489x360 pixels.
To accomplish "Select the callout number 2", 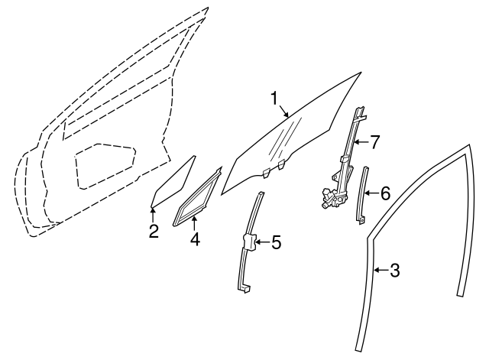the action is coord(154,231).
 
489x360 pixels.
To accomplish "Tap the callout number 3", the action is coord(394,269).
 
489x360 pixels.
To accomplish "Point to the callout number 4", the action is coord(194,238).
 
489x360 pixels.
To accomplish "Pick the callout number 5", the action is coord(276,243).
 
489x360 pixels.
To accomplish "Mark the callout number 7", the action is coord(374,141).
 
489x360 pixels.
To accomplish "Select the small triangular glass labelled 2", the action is coord(172,183).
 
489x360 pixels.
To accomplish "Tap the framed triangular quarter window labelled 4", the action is coord(197,197).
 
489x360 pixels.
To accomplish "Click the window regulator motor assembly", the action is coord(331,197).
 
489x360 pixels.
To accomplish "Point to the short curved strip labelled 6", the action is coord(361,195).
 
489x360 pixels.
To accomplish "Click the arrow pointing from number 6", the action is coord(371,193).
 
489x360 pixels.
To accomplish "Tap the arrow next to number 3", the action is coord(381,269).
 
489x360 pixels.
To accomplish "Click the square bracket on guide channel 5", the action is coord(250,242).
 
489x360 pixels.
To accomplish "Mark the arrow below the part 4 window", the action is coord(194,223).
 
